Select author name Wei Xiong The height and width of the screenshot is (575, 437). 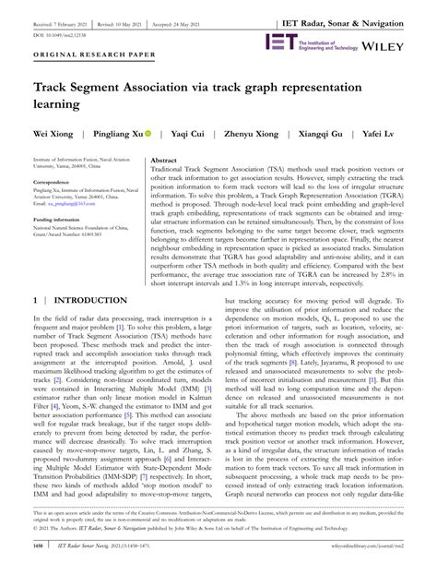pyautogui.click(x=36, y=132)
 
